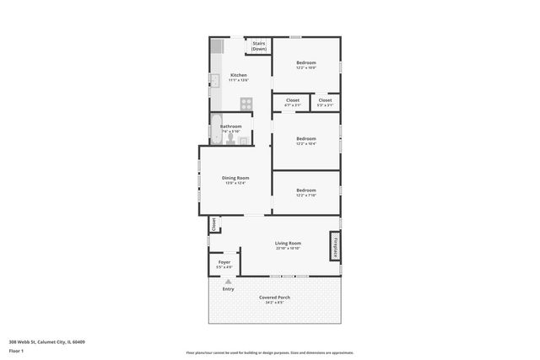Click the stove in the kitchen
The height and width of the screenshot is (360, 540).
click(246, 104)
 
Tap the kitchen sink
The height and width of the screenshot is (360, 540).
click(215, 81)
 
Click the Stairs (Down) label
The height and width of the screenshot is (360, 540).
click(258, 46)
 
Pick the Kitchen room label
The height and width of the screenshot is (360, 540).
click(239, 75)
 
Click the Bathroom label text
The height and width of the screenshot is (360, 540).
click(231, 126)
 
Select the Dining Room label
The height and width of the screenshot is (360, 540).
click(235, 177)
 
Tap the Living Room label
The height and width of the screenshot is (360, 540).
click(288, 243)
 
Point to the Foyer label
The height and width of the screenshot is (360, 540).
click(224, 262)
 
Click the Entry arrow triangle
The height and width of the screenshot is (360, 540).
click(228, 282)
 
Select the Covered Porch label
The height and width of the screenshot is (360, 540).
click(275, 298)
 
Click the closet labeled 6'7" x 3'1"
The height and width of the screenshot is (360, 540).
click(293, 100)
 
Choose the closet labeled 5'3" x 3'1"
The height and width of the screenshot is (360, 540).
click(325, 100)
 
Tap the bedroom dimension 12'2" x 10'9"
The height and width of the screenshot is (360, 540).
click(305, 68)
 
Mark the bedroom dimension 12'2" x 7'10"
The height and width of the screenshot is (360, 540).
click(305, 196)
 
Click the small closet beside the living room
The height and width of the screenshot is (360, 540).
click(214, 225)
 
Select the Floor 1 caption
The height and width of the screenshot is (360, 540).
click(16, 351)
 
